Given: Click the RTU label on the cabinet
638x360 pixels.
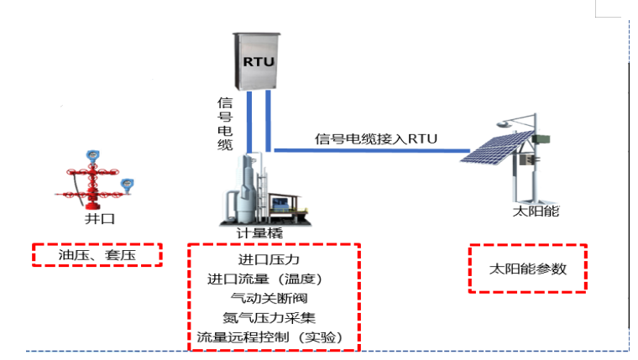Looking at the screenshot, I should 259,62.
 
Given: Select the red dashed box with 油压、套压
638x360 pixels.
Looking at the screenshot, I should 97,253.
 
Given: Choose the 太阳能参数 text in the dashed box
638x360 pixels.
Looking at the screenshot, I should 527,269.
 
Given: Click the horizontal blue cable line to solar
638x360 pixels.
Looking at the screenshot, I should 369,151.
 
